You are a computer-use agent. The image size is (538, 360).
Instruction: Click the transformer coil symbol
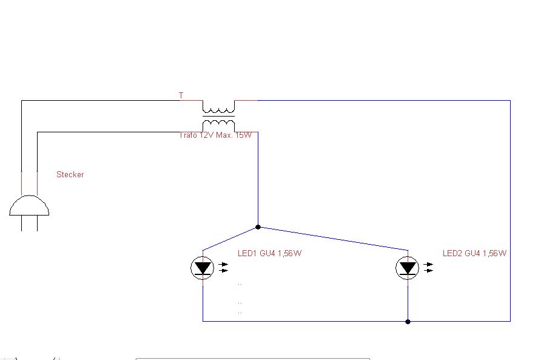point(218,116)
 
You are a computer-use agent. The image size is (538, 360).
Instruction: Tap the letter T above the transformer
point(181,95)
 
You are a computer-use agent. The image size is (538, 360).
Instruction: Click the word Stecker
point(70,174)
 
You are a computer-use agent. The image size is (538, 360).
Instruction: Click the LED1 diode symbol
point(203,267)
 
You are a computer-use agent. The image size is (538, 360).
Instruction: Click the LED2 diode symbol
point(408,267)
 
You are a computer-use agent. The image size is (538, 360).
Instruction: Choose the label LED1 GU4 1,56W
point(268,253)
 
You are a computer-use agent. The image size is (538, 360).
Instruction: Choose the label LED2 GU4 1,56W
point(474,253)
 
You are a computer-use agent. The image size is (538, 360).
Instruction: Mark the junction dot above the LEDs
point(258,227)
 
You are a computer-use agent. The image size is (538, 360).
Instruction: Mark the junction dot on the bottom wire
point(408,321)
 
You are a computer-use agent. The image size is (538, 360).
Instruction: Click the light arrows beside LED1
point(224,267)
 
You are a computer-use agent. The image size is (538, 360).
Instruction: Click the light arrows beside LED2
point(429,267)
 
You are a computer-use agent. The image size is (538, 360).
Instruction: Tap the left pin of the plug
point(22,223)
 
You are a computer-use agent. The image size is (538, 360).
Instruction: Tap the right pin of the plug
point(38,223)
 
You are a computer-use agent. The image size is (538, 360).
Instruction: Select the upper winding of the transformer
point(218,110)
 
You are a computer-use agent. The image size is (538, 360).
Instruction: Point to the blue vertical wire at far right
point(510,212)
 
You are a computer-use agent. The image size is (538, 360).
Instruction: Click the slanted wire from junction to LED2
point(334,239)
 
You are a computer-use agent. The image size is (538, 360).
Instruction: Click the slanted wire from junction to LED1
point(230,238)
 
